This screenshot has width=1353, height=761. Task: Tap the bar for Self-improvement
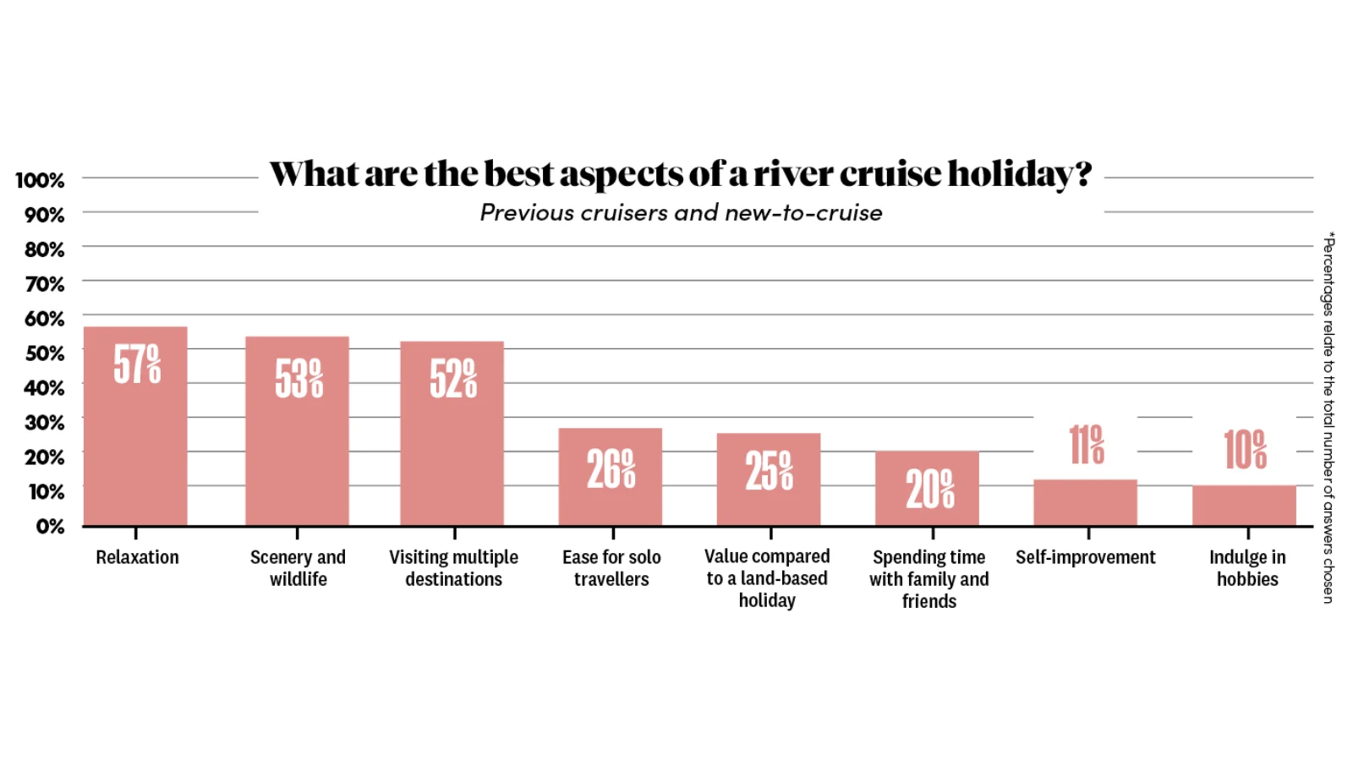[1085, 503]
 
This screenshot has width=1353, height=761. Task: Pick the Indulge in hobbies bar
[1244, 506]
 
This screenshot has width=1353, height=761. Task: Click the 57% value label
[137, 364]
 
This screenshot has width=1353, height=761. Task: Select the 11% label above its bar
[1087, 445]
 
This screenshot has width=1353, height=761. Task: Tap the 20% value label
[929, 489]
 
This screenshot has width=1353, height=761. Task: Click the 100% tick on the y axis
[40, 180]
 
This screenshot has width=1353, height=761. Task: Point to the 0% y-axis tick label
[50, 527]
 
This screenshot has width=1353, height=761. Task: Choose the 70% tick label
[45, 284]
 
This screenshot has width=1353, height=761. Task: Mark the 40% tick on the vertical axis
[44, 388]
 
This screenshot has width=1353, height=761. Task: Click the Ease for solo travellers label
[611, 568]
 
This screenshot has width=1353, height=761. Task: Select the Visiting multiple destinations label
[453, 568]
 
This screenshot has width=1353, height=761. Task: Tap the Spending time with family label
[928, 579]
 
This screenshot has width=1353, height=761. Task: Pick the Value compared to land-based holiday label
[767, 578]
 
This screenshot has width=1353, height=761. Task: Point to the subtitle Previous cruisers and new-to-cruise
[681, 213]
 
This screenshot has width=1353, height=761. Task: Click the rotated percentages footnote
[1328, 418]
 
